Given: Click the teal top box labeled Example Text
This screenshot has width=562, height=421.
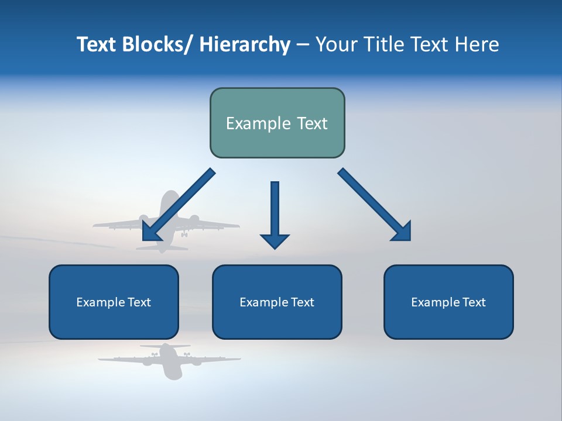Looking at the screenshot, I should tap(277, 123).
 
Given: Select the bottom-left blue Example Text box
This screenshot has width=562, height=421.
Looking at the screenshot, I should tap(114, 302).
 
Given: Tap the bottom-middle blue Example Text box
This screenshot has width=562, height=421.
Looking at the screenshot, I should tap(277, 302).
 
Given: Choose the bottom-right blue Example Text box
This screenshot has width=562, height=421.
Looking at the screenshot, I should tap(448, 302).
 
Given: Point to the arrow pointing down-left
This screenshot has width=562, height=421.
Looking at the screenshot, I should tap(178, 205).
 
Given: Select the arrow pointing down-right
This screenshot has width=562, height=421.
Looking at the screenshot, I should tap(375, 205).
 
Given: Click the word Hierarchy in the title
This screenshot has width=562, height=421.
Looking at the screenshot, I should tap(245, 44).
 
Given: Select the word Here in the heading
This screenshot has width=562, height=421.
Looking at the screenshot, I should tap(477, 44).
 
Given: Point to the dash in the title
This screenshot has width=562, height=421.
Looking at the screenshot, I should tap(303, 45).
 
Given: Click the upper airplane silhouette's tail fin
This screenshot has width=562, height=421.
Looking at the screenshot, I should tap(169, 202).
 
